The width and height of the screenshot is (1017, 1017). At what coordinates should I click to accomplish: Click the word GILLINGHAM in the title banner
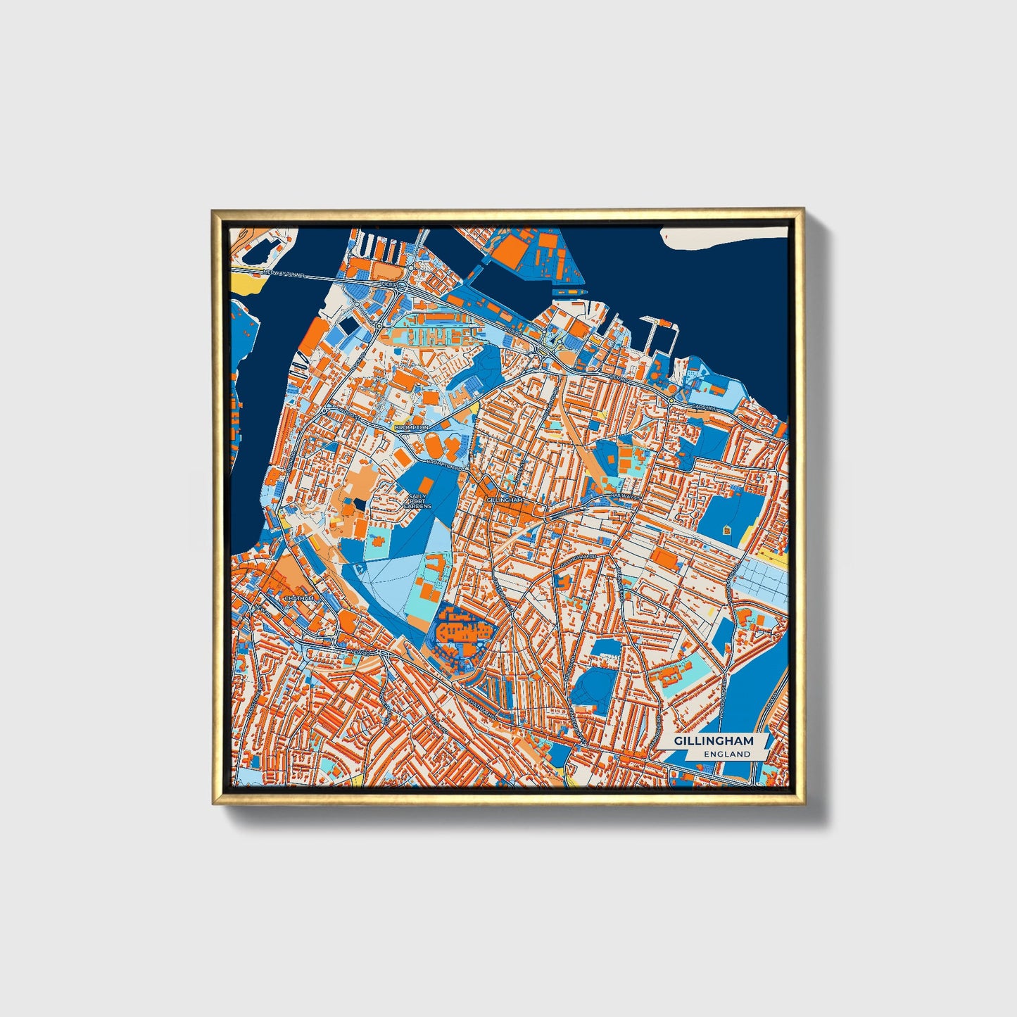tap(714, 741)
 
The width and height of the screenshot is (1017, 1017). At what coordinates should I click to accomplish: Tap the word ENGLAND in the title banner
tap(727, 754)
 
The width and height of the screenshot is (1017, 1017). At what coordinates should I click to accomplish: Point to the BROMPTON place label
tap(411, 427)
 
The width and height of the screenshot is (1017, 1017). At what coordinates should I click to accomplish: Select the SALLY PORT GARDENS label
tap(417, 501)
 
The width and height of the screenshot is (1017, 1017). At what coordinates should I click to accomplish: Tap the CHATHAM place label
tap(298, 598)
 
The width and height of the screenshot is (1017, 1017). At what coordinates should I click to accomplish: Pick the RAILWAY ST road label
tap(627, 496)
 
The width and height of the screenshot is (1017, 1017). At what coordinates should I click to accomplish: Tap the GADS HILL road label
tap(702, 406)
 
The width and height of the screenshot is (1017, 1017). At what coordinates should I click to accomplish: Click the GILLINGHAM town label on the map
tap(504, 500)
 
